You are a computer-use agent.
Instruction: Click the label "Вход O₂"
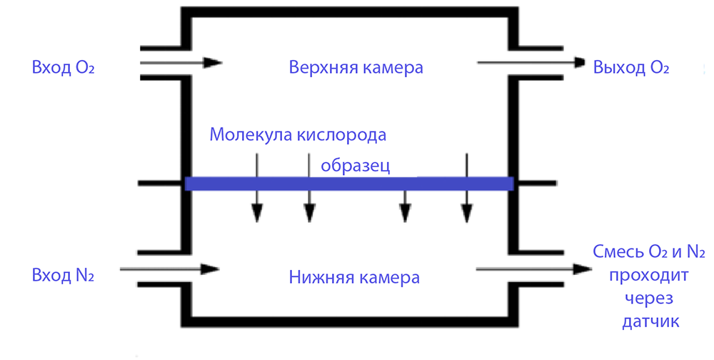click(x=64, y=69)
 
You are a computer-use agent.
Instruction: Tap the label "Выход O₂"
click(x=631, y=69)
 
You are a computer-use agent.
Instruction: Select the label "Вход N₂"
click(x=63, y=276)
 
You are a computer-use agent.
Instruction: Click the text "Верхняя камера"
click(x=356, y=68)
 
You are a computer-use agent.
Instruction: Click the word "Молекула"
click(x=248, y=134)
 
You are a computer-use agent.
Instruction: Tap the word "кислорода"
click(x=339, y=134)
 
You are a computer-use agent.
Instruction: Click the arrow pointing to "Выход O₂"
click(x=532, y=63)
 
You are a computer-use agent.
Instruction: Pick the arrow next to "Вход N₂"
click(x=170, y=269)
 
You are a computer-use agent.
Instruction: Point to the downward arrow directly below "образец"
click(x=405, y=207)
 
